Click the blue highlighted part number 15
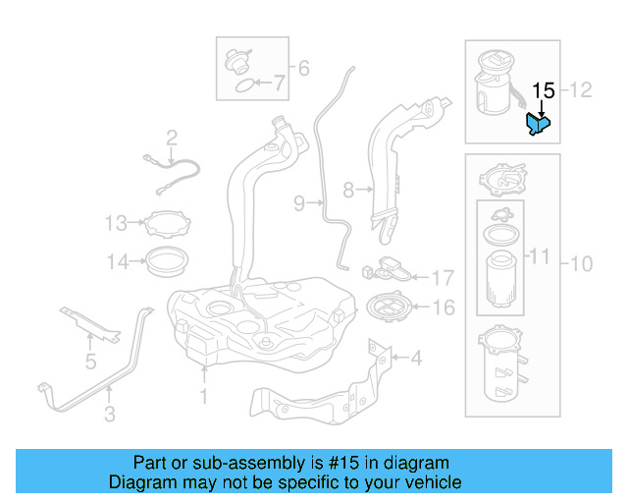click(538, 125)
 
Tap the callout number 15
click(543, 91)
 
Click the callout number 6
click(303, 68)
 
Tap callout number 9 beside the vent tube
click(299, 203)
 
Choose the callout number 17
click(443, 277)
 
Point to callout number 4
click(416, 359)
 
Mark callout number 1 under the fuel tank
click(204, 398)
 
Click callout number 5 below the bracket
click(90, 362)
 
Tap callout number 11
click(540, 257)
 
